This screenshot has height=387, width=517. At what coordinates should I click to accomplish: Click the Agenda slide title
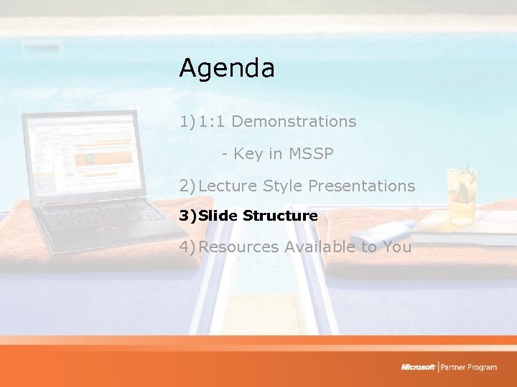coord(227,69)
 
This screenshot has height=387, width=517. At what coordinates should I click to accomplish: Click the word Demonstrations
coord(294,122)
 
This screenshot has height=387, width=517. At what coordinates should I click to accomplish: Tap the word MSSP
coord(311,153)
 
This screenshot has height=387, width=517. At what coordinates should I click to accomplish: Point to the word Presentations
coord(361,186)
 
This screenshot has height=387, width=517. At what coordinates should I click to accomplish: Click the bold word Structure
coord(280,216)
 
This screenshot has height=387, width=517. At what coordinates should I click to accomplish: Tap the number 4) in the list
coord(187,247)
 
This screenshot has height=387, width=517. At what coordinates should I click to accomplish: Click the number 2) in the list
coord(187,186)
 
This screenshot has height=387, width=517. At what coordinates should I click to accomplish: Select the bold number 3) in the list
coord(187,216)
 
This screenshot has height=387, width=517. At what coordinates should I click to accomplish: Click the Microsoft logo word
coord(419,367)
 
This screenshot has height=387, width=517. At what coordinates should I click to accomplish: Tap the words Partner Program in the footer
coord(470,367)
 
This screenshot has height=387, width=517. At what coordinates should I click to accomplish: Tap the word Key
coord(248,153)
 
